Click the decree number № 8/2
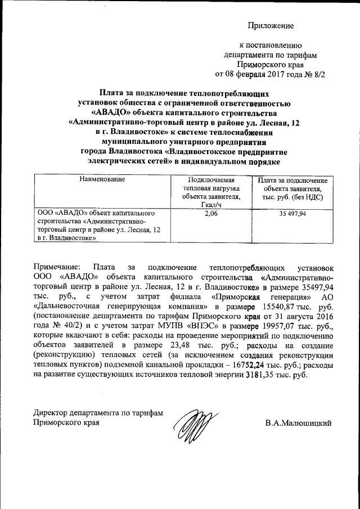(314, 74)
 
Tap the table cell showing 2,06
(210, 214)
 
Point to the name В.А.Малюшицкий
(298, 422)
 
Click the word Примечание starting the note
(57, 267)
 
